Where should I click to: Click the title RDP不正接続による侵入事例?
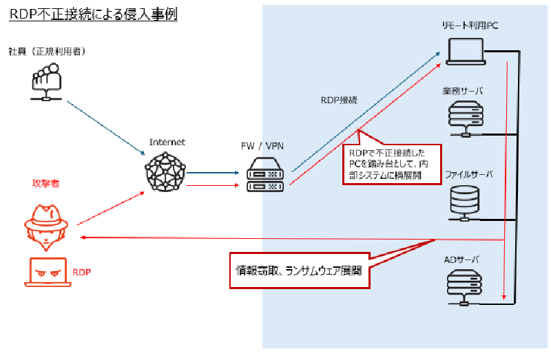[x=93, y=14]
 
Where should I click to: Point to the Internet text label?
[x=167, y=142]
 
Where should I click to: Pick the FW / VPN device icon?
[x=264, y=176]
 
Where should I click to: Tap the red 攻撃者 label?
[x=45, y=183]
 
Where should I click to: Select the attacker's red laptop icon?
[x=48, y=272]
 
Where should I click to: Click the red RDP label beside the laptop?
[x=82, y=272]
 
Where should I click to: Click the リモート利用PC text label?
[x=470, y=25]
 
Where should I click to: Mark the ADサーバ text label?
[x=462, y=260]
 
